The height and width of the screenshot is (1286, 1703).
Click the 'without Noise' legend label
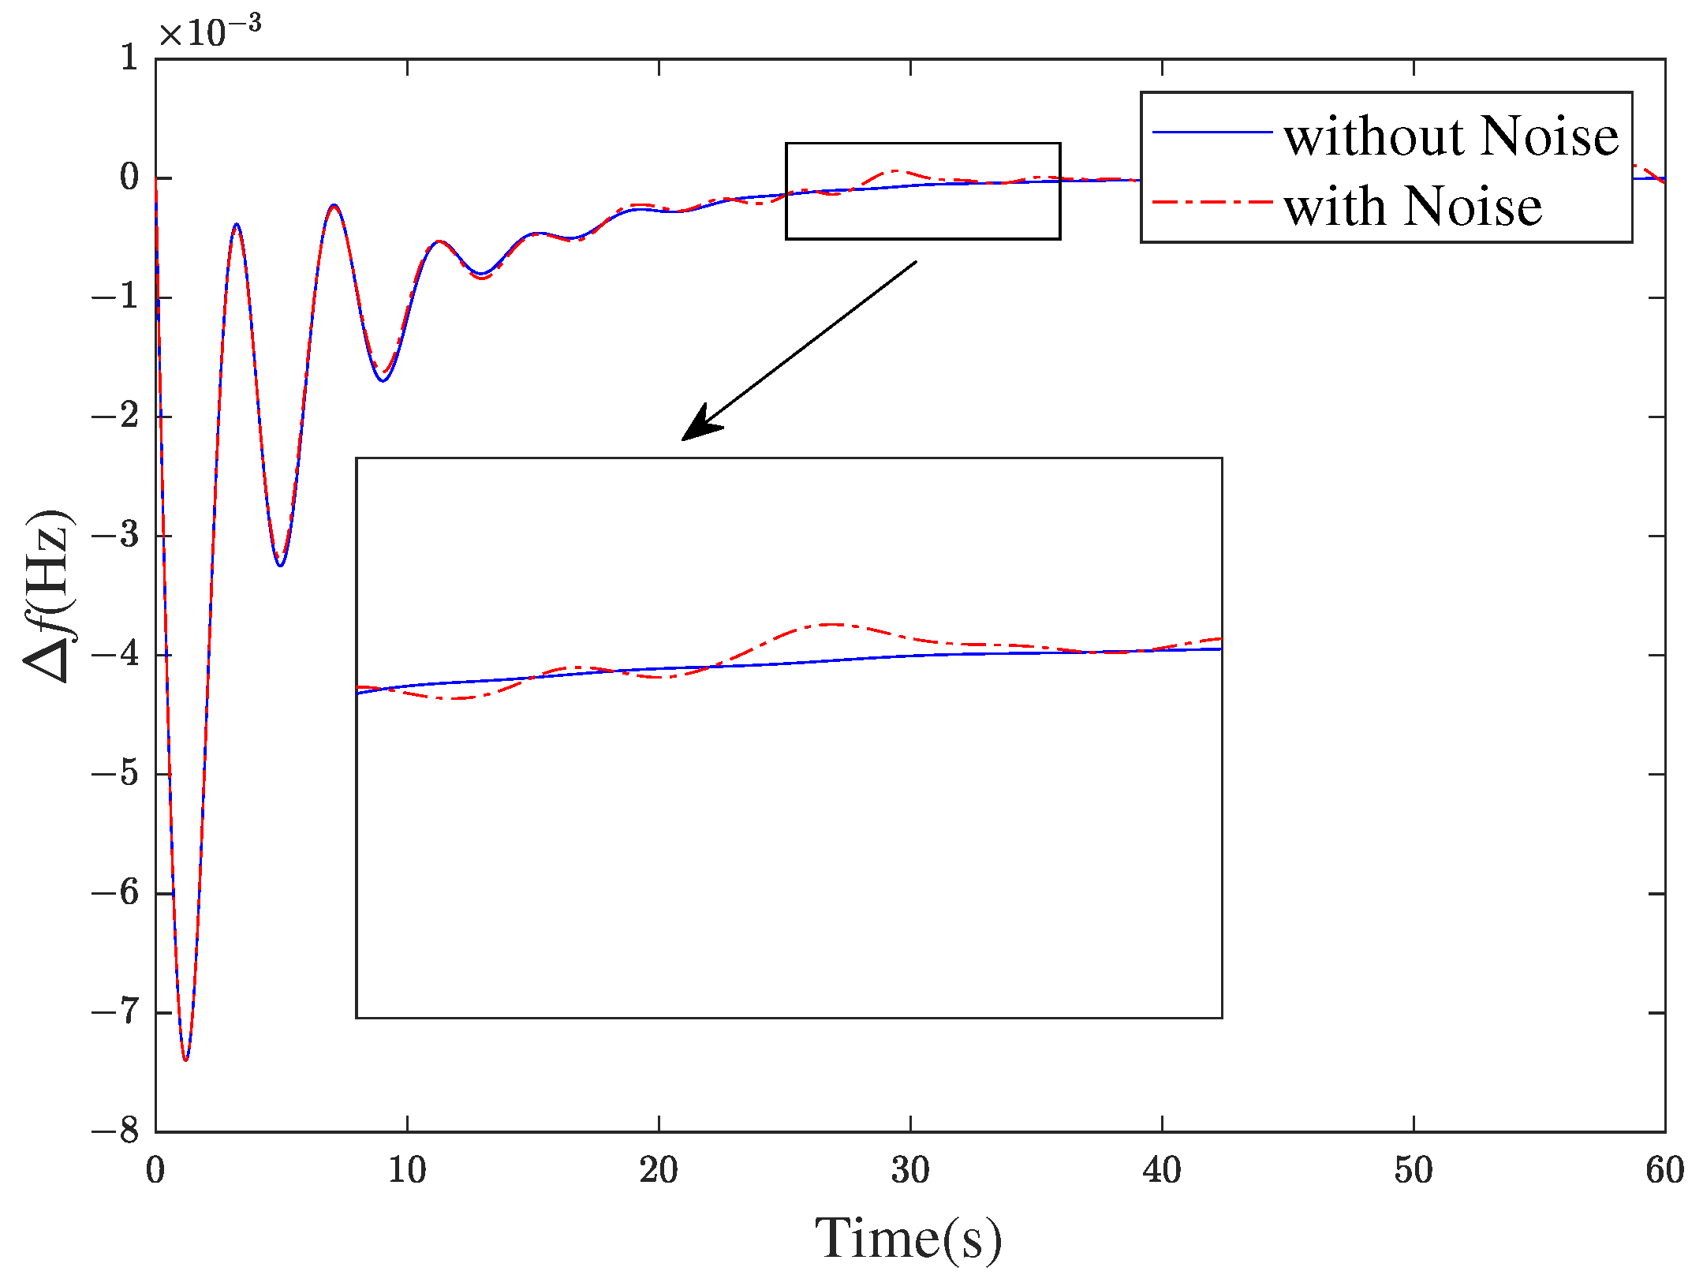coord(1451,136)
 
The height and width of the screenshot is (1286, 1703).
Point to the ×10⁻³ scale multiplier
coord(210,32)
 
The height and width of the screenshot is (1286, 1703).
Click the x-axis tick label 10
coord(407,1169)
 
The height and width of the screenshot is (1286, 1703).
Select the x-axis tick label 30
coord(910,1169)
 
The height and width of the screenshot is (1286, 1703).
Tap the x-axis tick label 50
coord(1414,1169)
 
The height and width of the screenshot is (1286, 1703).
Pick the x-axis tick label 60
coord(1664,1169)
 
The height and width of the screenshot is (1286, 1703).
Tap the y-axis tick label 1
coord(129,58)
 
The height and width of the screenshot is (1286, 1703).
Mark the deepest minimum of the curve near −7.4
coord(185,1060)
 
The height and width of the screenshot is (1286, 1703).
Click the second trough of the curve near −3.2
coord(280,565)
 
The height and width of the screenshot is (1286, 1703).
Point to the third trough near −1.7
coord(383,380)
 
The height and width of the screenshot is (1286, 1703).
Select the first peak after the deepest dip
coord(236,225)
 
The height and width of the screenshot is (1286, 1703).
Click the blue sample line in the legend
coord(1212,132)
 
